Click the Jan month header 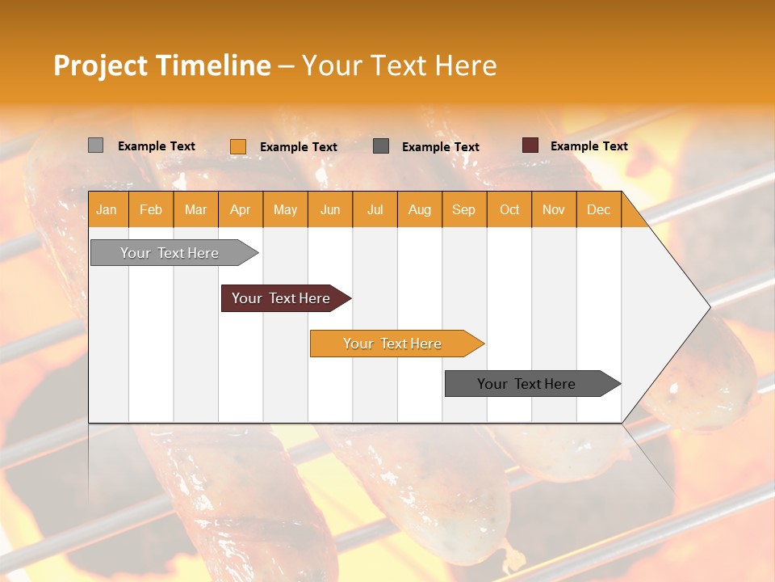click(x=107, y=209)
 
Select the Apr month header click(x=241, y=209)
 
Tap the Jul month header click(x=375, y=209)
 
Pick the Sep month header click(x=464, y=209)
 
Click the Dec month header click(x=598, y=209)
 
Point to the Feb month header click(x=151, y=209)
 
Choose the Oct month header click(x=509, y=209)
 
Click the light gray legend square click(x=95, y=145)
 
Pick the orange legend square click(x=238, y=146)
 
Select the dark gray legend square click(x=381, y=146)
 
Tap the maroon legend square click(x=530, y=145)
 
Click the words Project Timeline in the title click(x=161, y=65)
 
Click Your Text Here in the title click(x=399, y=65)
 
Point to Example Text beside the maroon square click(x=589, y=146)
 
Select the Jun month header click(x=330, y=209)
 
